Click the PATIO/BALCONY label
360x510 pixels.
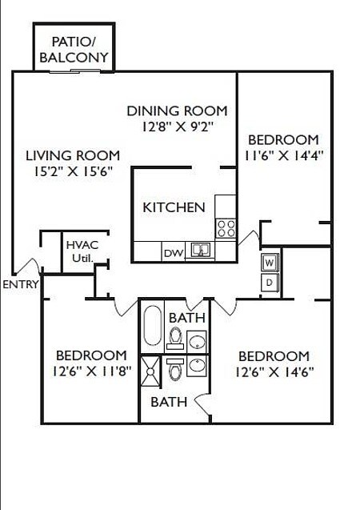[74, 50]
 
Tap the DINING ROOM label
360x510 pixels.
[177, 111]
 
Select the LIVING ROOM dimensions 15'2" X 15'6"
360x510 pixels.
[72, 171]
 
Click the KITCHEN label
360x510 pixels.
[174, 207]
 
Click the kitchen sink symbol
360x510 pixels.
[202, 251]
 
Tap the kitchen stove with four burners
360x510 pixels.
[226, 227]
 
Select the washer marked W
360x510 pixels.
[270, 262]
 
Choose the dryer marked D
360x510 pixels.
[270, 282]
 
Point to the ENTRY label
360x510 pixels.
[19, 283]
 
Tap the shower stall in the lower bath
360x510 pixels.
[150, 370]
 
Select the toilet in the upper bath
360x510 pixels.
[176, 337]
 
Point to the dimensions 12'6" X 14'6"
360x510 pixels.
[274, 371]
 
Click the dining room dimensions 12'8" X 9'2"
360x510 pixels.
[177, 126]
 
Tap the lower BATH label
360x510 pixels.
[169, 401]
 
